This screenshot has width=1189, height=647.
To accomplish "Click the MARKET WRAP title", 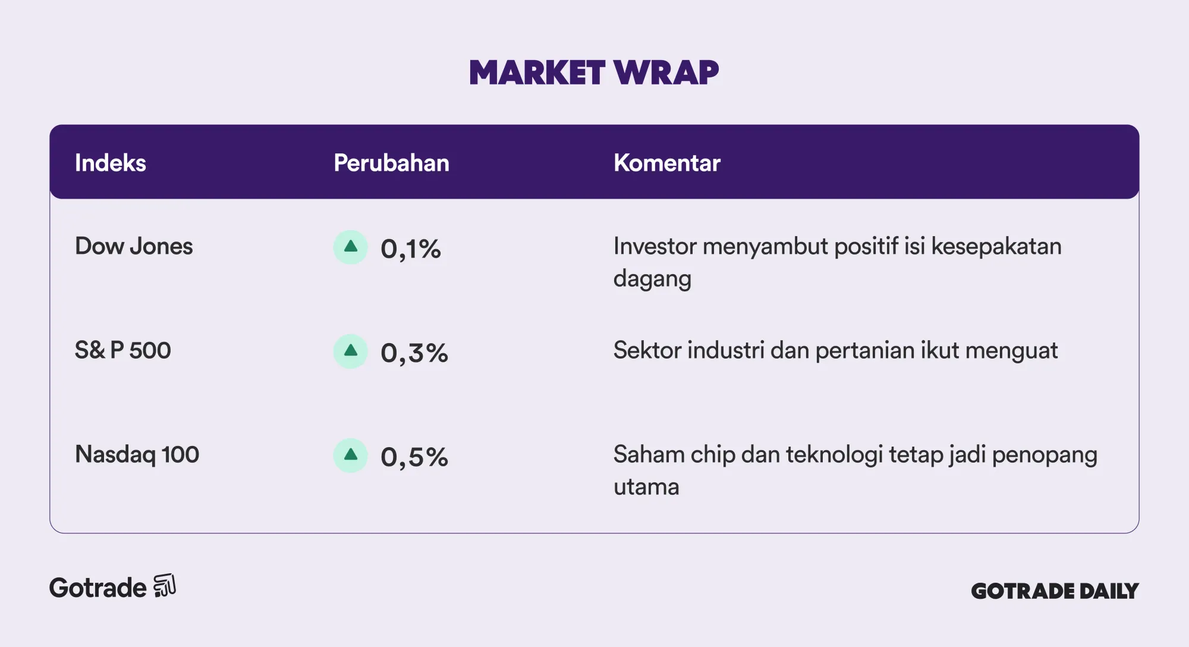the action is pos(594,73).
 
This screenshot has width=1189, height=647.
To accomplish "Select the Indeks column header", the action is pos(111,163).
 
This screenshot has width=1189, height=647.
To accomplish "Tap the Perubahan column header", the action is pos(391,163).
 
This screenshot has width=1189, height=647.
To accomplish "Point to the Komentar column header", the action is pos(667,163).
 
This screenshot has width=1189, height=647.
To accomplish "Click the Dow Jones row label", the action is pos(134,246).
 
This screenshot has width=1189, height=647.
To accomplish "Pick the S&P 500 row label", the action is pos(123,350).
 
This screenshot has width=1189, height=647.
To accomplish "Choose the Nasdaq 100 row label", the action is pos(137,454).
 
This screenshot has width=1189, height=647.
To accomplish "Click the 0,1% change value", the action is pos(411,249).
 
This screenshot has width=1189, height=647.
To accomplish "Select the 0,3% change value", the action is pos(414,353).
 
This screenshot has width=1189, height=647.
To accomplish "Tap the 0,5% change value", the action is pos(414,457).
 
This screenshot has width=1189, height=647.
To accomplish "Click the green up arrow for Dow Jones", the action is pos(351,247).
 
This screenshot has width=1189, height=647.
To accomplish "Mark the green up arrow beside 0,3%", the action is pos(351,351).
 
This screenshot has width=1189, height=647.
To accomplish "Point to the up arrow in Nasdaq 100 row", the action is pos(351,455).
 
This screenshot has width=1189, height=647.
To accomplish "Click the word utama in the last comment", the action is pos(646,487).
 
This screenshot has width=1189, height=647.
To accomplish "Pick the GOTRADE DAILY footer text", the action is pos(1055,591).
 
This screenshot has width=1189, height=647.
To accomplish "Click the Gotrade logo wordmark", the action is pos(97,588).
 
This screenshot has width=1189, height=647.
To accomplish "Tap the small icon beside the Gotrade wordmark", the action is pos(165,586).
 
